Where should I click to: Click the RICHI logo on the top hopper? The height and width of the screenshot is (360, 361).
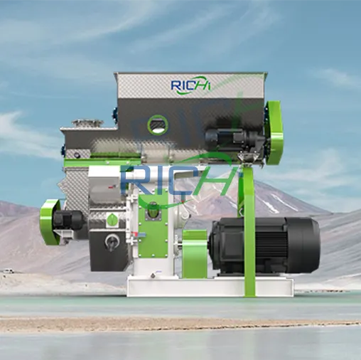191,85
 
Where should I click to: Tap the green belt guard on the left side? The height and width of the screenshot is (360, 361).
49,221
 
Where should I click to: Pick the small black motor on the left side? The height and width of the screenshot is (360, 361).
71,220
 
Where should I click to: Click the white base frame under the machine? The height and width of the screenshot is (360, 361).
209,286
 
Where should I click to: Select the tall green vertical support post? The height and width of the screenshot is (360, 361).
249,235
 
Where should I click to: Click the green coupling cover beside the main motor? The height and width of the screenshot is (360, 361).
194,253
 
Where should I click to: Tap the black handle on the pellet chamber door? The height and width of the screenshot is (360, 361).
110,243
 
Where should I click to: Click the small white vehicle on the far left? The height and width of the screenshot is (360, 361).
8,271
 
